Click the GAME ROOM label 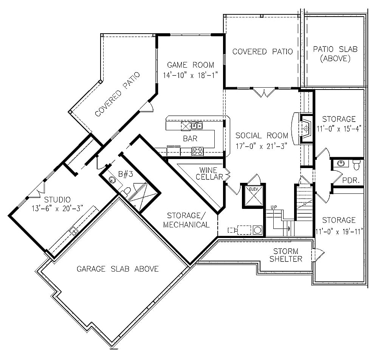(x=191, y=65)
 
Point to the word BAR (x=190, y=139)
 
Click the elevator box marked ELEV (x=253, y=196)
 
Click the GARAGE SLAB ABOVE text (x=118, y=269)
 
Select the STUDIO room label (x=57, y=199)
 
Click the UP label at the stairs (x=274, y=207)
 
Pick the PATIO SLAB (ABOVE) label (x=335, y=54)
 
